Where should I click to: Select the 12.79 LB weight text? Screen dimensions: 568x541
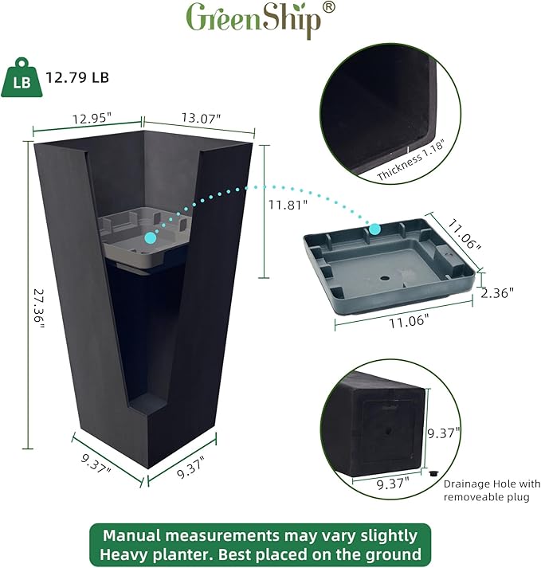pos(77,78)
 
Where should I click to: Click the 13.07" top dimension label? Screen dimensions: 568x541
pos(200,118)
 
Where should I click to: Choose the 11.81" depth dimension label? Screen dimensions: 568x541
pos(287,204)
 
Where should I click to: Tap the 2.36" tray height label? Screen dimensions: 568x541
pos(496,292)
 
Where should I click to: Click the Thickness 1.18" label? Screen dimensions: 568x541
pos(410,160)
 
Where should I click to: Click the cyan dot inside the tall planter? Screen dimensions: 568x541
pos(151,237)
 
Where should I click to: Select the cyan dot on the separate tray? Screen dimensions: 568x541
pos(374,229)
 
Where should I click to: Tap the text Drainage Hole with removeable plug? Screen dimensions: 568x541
pos(492,490)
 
